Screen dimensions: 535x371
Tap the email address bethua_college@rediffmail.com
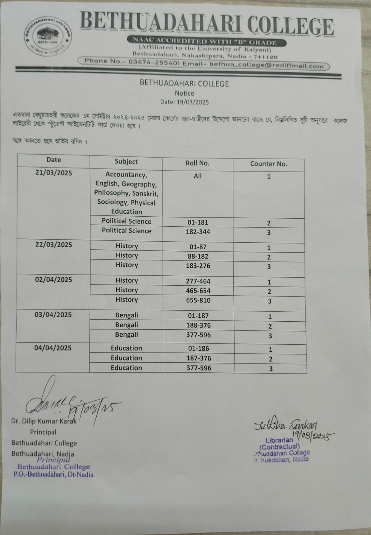pos(266,65)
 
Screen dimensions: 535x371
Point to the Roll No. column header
pos(197,163)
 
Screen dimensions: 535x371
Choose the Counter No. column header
pos(268,164)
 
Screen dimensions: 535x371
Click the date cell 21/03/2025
pos(54,173)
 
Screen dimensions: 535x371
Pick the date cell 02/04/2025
pos(53,280)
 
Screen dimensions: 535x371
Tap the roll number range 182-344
pos(198,232)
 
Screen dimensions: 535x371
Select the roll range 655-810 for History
pos(198,300)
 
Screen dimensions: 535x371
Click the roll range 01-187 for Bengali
pos(198,316)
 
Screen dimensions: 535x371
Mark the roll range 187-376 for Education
pos(199,358)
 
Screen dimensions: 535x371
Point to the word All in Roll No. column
pos(198,176)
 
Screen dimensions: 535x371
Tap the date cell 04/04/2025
pos(53,348)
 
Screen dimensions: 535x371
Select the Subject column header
pos(126,162)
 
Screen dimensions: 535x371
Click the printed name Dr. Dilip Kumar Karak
pos(44,421)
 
